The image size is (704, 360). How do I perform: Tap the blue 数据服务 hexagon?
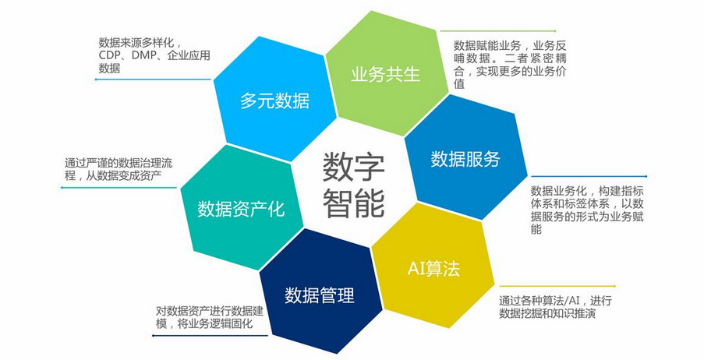click(x=465, y=159)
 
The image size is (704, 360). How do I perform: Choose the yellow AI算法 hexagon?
click(x=433, y=269)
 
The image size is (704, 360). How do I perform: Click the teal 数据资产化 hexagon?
click(x=241, y=209)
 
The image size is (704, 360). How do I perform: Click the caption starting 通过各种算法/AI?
click(x=552, y=307)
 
